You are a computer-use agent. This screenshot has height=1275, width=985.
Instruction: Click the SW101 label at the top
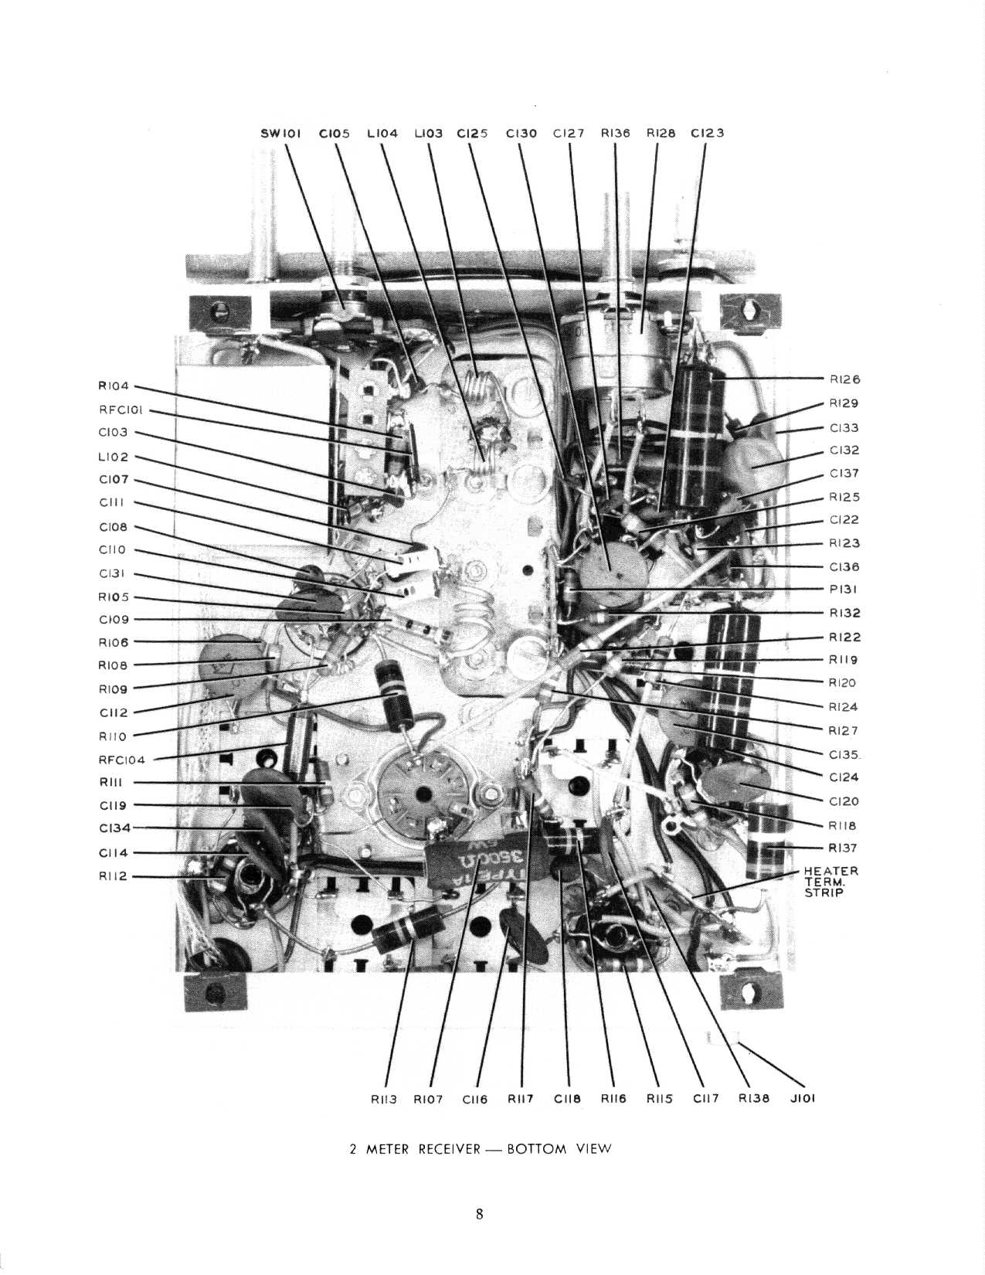(280, 133)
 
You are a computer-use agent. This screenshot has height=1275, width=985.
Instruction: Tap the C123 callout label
(707, 133)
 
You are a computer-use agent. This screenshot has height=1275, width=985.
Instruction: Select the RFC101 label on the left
(121, 410)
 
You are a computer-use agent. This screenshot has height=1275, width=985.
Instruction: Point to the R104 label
(113, 386)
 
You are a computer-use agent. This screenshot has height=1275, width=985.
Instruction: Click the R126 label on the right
(844, 379)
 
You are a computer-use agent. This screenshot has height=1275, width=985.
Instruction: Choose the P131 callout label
(843, 589)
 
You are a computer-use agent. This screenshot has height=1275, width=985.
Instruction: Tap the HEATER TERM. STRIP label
(830, 882)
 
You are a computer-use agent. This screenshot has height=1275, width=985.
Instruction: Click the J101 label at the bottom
(803, 1098)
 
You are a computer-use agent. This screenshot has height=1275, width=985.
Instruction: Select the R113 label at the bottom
(384, 1099)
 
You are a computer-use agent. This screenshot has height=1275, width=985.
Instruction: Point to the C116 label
(474, 1099)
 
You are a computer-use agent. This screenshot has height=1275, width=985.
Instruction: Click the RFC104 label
(121, 760)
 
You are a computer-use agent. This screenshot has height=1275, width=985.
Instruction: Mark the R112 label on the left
(113, 876)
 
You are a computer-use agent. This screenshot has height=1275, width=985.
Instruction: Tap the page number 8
(479, 1214)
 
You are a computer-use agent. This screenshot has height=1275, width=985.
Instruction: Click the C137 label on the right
(844, 473)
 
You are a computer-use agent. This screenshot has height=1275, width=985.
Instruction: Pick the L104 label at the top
(382, 133)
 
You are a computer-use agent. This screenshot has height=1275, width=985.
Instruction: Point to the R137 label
(842, 847)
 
